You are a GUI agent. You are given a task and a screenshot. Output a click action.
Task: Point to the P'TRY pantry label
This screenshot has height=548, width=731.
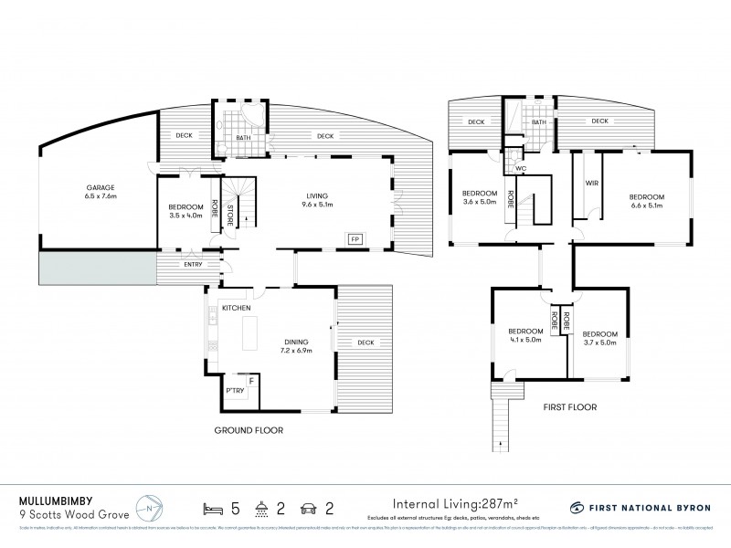click(236, 392)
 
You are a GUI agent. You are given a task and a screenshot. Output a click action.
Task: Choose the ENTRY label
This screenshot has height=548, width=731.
click(192, 265)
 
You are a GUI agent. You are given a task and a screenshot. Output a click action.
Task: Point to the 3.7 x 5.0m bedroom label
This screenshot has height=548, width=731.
click(600, 339)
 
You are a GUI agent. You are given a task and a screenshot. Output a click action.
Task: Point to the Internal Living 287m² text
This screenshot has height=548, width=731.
click(454, 503)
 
